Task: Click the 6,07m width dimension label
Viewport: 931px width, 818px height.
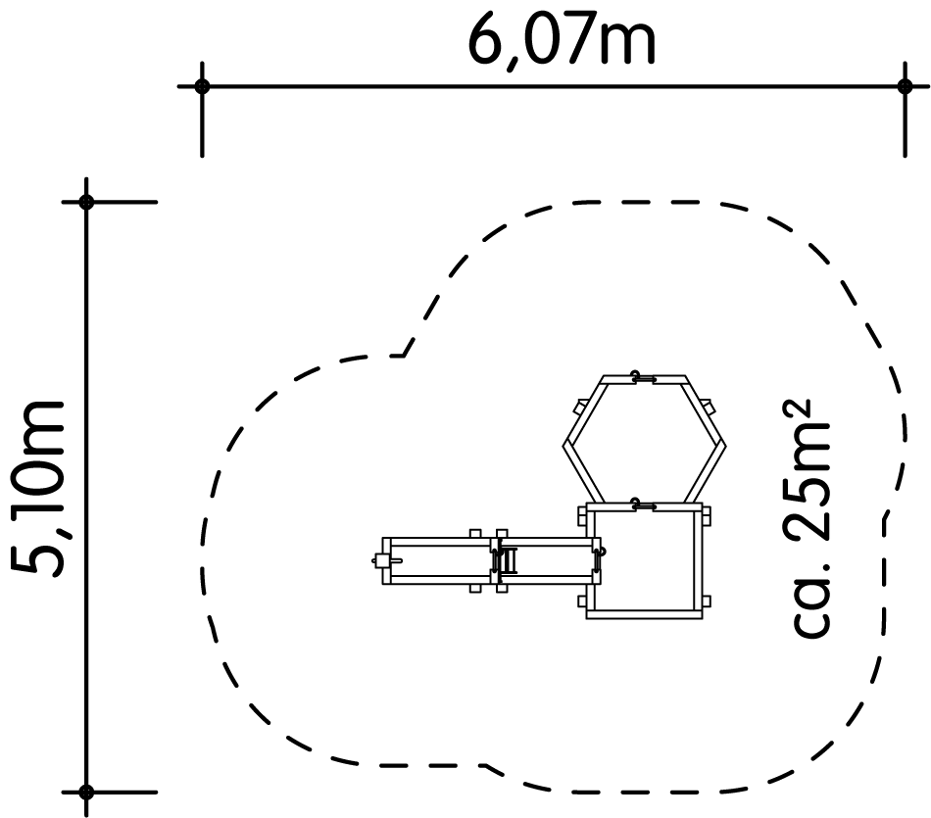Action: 562,41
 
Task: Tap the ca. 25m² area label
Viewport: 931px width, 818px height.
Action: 803,519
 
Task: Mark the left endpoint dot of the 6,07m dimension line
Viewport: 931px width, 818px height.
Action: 202,86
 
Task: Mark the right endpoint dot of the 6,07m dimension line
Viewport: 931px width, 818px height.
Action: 905,86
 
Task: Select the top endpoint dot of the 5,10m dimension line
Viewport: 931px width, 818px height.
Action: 86,202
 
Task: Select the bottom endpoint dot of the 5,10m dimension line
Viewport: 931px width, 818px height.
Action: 86,792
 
